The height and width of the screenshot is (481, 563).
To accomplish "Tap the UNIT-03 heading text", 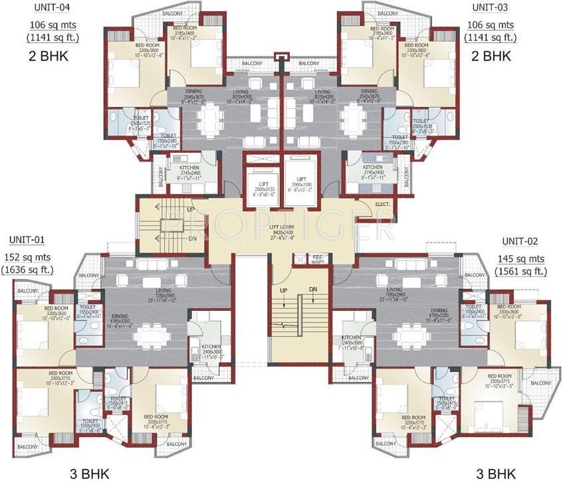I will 491,8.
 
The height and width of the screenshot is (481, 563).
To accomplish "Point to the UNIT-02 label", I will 520,242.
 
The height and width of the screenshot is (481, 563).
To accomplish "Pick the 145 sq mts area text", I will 520,258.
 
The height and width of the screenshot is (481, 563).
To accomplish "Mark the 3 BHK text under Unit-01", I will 86,473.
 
